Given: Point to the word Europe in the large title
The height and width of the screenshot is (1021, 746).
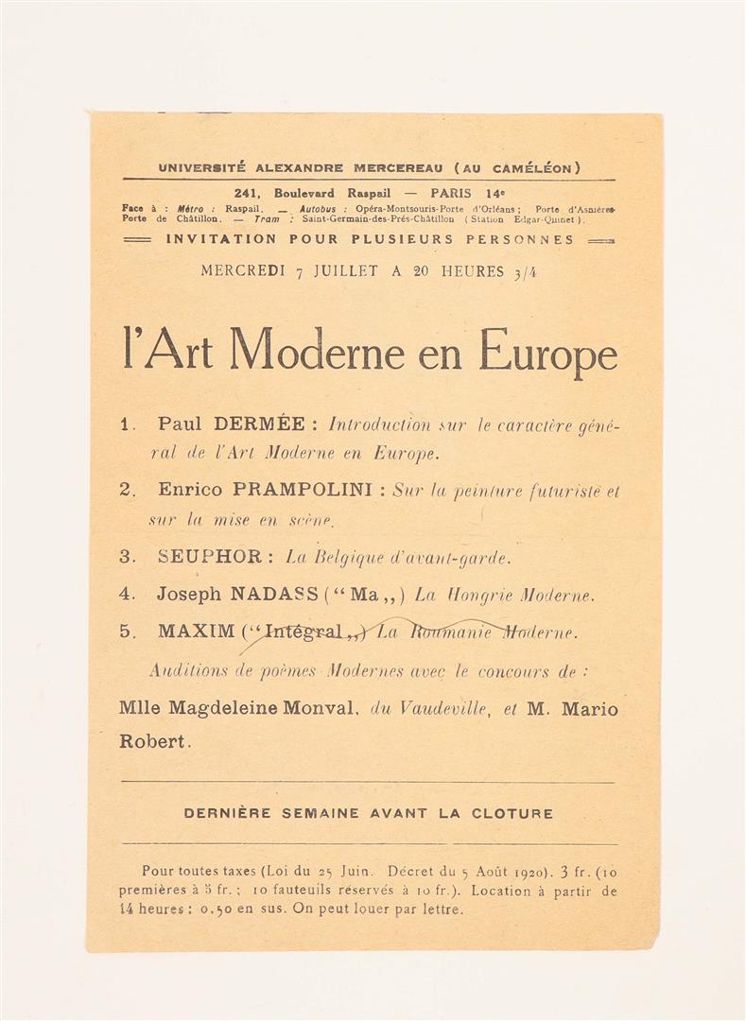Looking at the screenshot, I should point(547,354).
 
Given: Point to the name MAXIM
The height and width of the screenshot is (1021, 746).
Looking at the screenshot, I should point(196,632).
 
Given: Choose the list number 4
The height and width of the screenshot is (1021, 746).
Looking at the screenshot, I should point(127,595).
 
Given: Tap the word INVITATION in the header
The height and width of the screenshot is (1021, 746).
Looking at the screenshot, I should point(220,239).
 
